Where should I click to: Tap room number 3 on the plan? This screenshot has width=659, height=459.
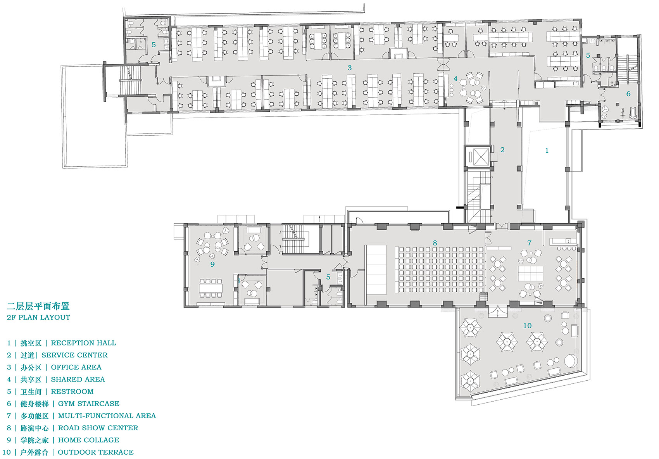click(x=350, y=68)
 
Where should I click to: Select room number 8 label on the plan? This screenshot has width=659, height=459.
click(x=435, y=243)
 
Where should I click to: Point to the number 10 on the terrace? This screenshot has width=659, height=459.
click(x=527, y=326)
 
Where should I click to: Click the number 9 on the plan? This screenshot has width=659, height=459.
click(x=212, y=264)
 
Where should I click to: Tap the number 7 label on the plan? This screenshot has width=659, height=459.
click(x=529, y=243)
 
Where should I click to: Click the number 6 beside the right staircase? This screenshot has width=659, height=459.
click(x=628, y=94)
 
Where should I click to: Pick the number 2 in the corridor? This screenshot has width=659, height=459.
click(x=502, y=150)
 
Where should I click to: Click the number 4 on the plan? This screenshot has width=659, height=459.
click(x=455, y=79)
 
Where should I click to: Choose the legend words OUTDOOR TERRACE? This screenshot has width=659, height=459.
click(x=96, y=452)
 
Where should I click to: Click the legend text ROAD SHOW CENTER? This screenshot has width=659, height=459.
click(x=98, y=428)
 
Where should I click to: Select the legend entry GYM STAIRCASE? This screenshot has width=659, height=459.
click(x=88, y=404)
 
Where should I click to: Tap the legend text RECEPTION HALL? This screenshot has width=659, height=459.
click(x=84, y=343)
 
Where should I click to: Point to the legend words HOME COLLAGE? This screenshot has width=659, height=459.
click(x=88, y=440)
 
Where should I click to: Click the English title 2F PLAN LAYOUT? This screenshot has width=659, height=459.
click(x=38, y=318)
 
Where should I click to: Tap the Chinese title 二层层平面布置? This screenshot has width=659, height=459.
click(x=38, y=306)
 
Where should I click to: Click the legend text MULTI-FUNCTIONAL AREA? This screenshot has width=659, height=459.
click(x=107, y=416)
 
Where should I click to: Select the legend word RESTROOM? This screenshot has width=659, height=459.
click(x=72, y=392)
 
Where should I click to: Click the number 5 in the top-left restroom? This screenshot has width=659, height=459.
click(x=154, y=45)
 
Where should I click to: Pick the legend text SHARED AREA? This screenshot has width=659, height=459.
click(x=78, y=380)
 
